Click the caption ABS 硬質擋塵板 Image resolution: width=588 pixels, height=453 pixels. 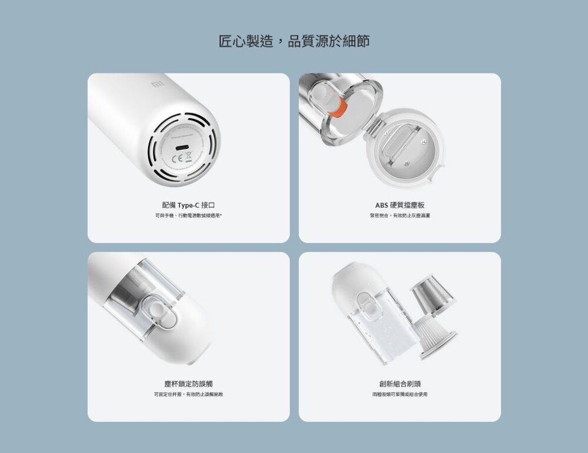point(400,205)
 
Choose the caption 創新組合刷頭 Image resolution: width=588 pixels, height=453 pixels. point(400,384)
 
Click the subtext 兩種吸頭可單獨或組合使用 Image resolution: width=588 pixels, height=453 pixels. point(400,394)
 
